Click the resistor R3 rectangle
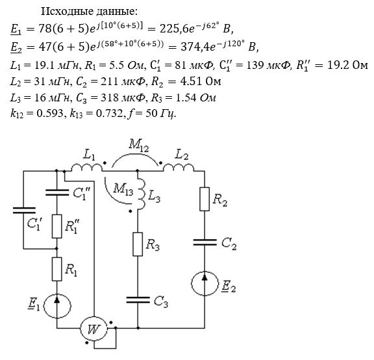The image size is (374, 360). [138, 244]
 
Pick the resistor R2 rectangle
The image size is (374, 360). [205, 199]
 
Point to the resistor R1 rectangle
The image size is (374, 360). [56, 269]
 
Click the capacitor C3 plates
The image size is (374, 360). [138, 300]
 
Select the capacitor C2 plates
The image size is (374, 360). [205, 242]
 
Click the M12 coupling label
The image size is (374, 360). [139, 145]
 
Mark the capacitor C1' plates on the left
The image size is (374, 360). [24, 211]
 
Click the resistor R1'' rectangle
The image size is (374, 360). [56, 226]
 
